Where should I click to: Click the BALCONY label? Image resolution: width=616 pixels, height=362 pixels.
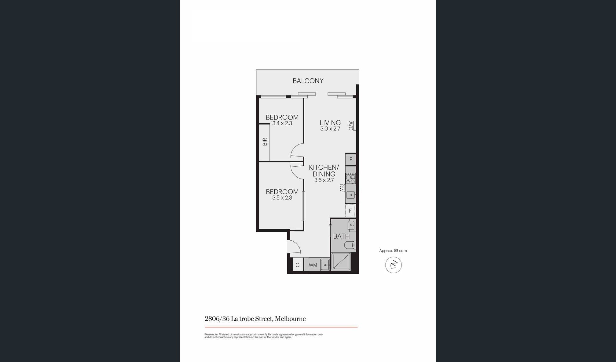click(308, 81)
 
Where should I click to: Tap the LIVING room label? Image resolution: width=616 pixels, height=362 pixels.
click(330, 123)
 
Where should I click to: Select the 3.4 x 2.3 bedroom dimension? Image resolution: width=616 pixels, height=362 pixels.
click(282, 124)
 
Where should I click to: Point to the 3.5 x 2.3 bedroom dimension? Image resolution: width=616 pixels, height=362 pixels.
click(282, 198)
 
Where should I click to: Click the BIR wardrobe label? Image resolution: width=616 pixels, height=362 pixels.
click(265, 142)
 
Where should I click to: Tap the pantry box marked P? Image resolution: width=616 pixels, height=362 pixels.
click(351, 159)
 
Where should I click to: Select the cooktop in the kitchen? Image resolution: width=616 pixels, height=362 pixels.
click(350, 178)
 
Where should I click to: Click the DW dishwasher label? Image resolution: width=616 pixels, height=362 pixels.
click(342, 188)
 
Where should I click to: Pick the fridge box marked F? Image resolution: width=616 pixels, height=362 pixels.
click(350, 211)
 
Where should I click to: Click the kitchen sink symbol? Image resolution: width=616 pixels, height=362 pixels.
click(350, 195)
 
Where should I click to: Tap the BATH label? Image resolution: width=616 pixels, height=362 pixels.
click(341, 236)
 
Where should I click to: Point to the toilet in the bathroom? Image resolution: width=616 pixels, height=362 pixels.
click(350, 245)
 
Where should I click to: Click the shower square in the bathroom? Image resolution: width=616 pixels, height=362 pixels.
click(341, 262)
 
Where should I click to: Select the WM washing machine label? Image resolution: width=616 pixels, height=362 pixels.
click(313, 265)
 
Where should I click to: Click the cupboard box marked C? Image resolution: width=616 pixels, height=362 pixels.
click(297, 265)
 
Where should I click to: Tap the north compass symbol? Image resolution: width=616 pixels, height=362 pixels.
click(393, 265)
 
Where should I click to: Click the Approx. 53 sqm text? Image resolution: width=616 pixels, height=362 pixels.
click(393, 251)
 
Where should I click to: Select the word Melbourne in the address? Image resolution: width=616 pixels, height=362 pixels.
click(290, 319)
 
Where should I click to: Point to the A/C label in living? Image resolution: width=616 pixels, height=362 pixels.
click(351, 126)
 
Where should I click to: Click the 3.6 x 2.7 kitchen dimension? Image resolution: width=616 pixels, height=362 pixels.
click(324, 180)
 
